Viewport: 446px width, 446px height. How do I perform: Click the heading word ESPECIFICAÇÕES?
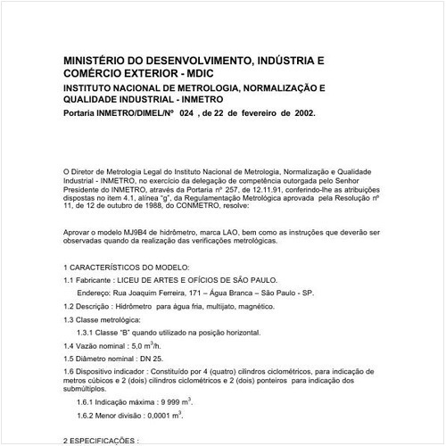tap(106, 441)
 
